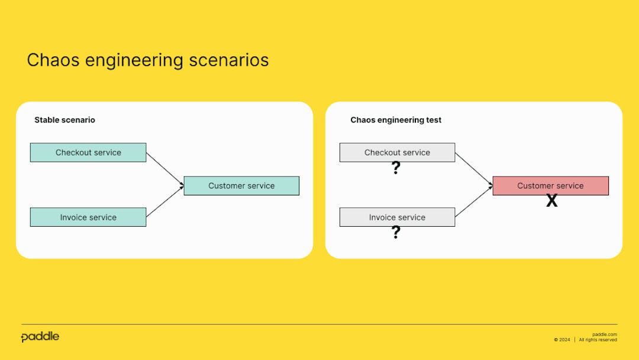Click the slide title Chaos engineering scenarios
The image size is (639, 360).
[x=147, y=60]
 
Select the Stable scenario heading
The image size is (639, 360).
[x=64, y=120]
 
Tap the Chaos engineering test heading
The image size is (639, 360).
[x=396, y=120]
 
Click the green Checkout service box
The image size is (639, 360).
[x=88, y=152]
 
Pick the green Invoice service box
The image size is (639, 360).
[x=88, y=217]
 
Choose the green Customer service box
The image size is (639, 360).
[x=241, y=185]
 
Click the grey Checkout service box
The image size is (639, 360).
[x=397, y=152]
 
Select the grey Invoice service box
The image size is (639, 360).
[x=397, y=217]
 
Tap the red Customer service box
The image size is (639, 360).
[x=550, y=185]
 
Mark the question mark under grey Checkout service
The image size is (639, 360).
[x=396, y=169]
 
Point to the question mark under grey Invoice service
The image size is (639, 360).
[x=396, y=233]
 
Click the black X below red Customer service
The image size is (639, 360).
[x=551, y=201]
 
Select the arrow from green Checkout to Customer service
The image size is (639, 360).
[x=164, y=169]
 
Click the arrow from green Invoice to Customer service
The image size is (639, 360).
[x=164, y=202]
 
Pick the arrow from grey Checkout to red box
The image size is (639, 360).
[x=473, y=169]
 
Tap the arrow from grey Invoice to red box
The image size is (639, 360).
[x=473, y=202]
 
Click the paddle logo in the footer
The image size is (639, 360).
[x=40, y=337]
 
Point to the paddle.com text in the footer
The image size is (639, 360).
[x=604, y=334]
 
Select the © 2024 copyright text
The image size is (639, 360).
[x=562, y=340]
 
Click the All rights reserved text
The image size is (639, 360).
[x=598, y=340]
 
